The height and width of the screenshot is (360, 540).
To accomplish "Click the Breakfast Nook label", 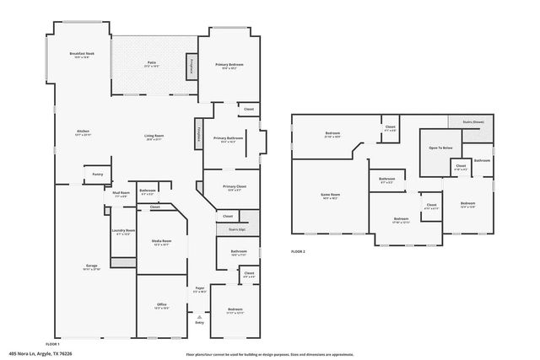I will tap(82, 55).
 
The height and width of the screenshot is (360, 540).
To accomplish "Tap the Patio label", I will tap(153, 63).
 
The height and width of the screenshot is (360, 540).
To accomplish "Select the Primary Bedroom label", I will tap(228, 66).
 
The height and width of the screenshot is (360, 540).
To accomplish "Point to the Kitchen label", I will tap(83, 133).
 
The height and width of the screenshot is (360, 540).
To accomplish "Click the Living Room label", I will tap(153, 137).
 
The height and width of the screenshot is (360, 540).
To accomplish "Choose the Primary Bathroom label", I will tap(228, 139).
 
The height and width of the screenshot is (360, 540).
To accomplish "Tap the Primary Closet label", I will tap(234, 187).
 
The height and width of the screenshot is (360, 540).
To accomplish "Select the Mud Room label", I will tap(121, 194).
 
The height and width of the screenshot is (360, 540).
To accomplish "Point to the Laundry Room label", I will tap(122, 233).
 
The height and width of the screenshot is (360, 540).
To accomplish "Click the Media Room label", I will tap(160, 241).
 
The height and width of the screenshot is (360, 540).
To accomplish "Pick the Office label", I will tap(161, 305).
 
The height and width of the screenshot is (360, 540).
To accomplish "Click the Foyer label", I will tap(200, 289).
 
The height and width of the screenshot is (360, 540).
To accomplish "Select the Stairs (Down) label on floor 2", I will tap(472, 121).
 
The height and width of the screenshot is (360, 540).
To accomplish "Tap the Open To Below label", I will tap(440, 147).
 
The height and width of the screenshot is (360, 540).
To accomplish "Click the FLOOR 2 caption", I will tap(299, 251).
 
